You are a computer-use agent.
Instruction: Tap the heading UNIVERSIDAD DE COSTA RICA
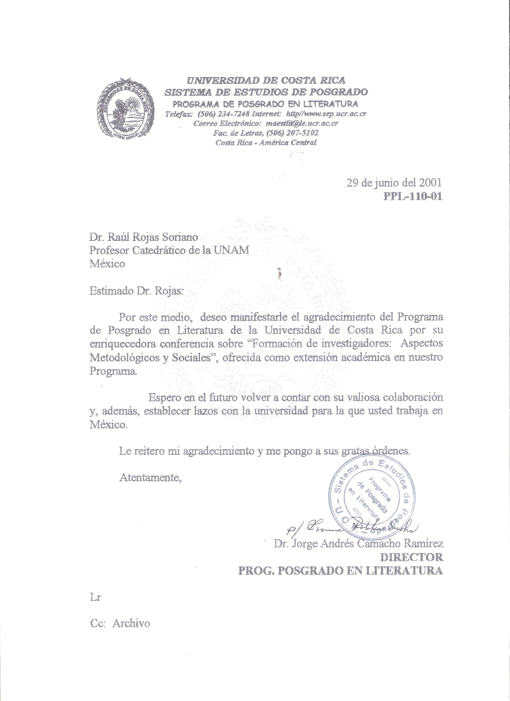pos(266,81)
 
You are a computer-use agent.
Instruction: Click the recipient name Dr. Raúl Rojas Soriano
pos(143,237)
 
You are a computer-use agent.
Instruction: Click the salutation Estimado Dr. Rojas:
pos(136,291)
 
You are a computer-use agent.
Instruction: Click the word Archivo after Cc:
pos(131,623)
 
